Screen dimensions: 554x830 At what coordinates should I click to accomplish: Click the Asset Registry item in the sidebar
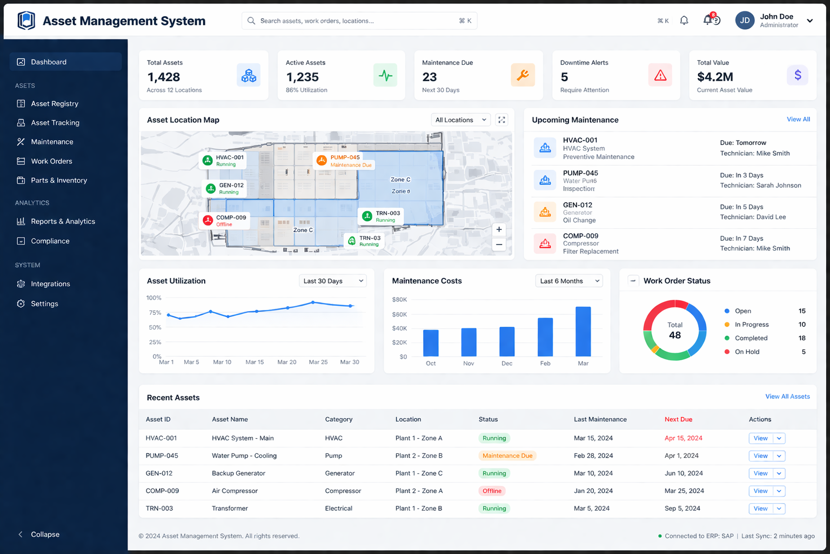54,103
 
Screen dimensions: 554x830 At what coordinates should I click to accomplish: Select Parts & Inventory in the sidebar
58,180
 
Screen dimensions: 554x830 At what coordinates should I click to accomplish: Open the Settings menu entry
44,304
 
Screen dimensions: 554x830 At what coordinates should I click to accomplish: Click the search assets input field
357,21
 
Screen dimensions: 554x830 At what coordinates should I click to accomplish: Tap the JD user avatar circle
744,21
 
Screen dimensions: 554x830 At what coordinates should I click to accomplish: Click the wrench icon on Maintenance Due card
523,75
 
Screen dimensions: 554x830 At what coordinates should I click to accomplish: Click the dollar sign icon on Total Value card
798,75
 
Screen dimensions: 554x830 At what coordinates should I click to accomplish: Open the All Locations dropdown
460,120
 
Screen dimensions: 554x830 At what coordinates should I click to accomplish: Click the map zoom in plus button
499,229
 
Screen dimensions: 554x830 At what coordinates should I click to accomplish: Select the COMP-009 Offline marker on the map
225,220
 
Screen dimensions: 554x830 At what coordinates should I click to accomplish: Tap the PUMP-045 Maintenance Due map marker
344,161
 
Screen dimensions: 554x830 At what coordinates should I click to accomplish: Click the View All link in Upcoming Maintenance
798,120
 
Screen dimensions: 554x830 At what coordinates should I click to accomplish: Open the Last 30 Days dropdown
333,281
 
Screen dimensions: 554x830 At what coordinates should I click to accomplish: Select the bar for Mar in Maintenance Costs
583,331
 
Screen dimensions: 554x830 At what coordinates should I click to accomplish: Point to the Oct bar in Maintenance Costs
431,342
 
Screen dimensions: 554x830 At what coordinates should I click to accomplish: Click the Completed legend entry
751,338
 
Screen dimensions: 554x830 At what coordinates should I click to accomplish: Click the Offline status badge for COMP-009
492,491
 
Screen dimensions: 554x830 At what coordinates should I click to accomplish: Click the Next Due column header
678,419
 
